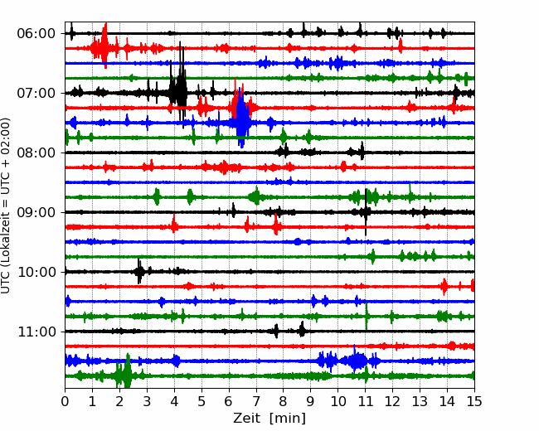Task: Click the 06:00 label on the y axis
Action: pos(36,34)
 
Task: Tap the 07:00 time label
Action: pos(36,93)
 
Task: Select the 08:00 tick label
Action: pos(36,153)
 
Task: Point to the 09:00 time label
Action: pos(36,212)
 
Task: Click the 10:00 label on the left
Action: pos(36,272)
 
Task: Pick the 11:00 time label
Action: pos(36,332)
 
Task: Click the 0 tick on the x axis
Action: pos(65,401)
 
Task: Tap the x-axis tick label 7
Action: pos(256,401)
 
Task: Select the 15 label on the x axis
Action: pos(474,401)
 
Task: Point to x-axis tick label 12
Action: pos(392,401)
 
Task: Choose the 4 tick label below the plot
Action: pos(174,401)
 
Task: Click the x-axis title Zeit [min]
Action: pos(269,419)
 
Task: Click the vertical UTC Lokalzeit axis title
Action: pos(6,206)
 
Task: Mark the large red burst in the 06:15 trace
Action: pos(103,46)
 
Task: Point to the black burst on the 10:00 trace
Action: pos(139,272)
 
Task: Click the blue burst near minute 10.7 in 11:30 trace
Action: pos(356,361)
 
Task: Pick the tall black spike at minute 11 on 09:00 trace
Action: pos(366,211)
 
